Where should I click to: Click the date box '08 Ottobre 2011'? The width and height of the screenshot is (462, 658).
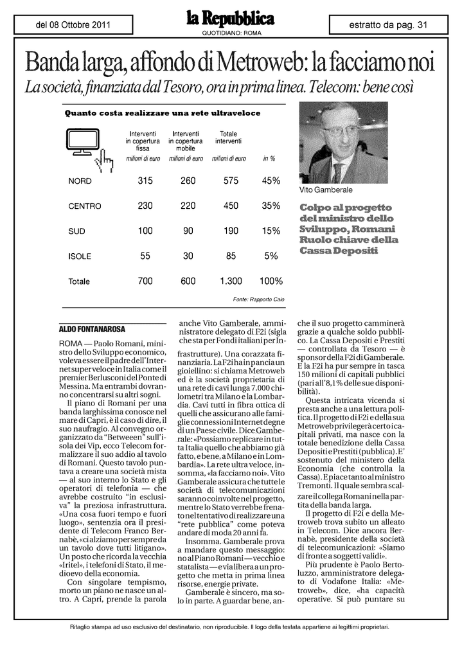pyautogui.click(x=73, y=25)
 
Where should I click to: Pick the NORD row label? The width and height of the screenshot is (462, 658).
pyautogui.click(x=80, y=181)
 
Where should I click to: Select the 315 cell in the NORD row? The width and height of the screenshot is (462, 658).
pyautogui.click(x=145, y=181)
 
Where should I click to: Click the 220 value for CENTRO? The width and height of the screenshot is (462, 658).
pyautogui.click(x=188, y=206)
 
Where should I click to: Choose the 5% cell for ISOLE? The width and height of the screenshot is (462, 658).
pyautogui.click(x=271, y=256)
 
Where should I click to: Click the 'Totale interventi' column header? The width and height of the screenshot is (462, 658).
pyautogui.click(x=228, y=137)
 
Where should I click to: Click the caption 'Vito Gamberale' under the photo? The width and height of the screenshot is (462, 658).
pyautogui.click(x=326, y=191)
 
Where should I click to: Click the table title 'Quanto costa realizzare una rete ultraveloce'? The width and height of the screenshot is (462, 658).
pyautogui.click(x=163, y=114)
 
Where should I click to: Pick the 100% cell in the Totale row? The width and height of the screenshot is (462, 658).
pyautogui.click(x=271, y=281)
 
